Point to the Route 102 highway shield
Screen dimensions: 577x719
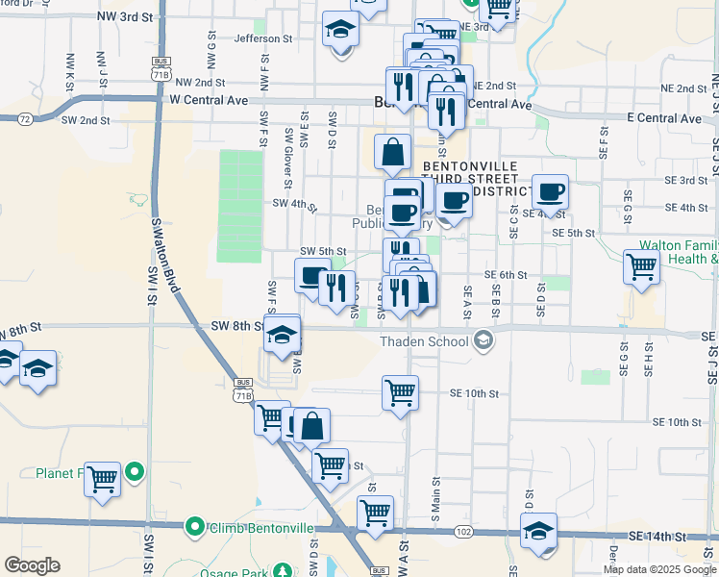tap(464, 531)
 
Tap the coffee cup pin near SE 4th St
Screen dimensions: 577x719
tap(551, 190)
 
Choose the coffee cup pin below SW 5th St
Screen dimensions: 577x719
tap(311, 276)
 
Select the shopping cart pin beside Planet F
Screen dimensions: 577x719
tap(102, 478)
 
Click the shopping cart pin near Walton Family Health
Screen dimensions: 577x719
tap(641, 265)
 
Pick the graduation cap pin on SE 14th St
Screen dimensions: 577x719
tap(538, 530)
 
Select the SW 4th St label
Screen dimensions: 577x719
tap(294, 203)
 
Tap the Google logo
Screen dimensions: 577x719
tap(32, 565)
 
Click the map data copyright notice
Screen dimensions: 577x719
tap(658, 569)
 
